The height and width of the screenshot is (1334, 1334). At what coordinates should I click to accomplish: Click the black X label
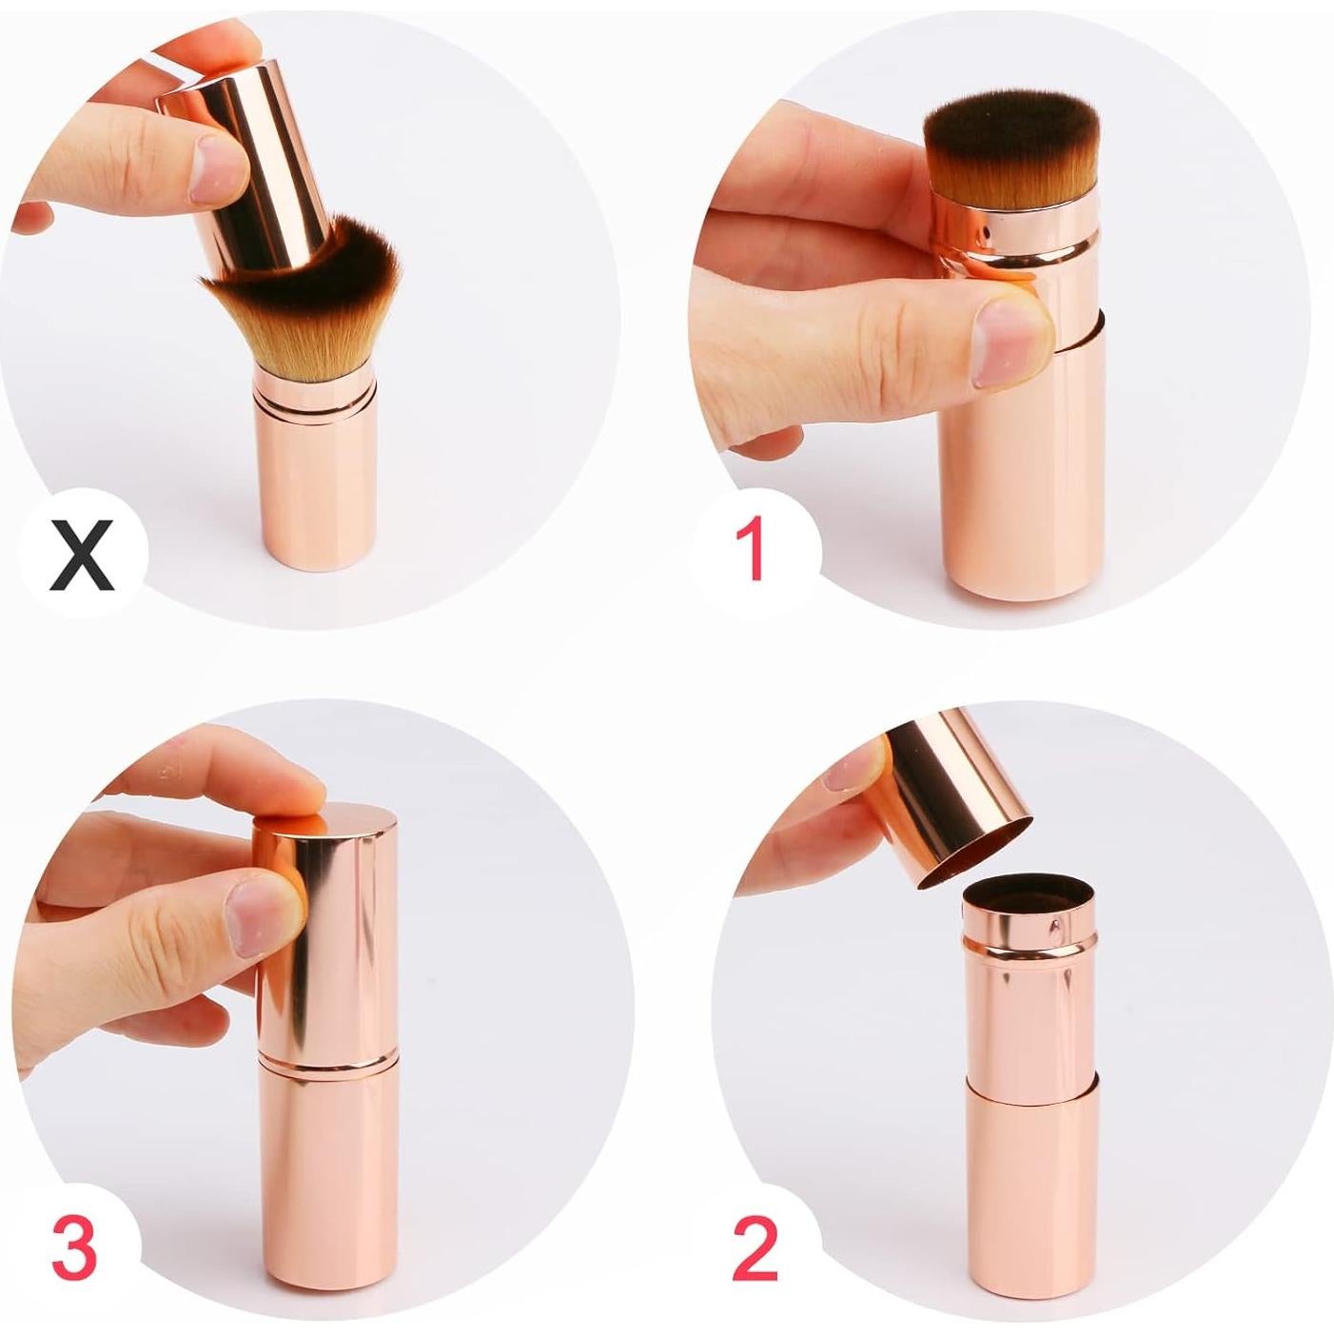pos(85,556)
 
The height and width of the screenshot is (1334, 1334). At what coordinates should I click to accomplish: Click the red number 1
pos(752,550)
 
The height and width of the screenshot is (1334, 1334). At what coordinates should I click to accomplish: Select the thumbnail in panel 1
pos(1009,340)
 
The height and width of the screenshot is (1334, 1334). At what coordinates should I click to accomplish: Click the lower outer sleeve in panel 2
pos(1032,1189)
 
